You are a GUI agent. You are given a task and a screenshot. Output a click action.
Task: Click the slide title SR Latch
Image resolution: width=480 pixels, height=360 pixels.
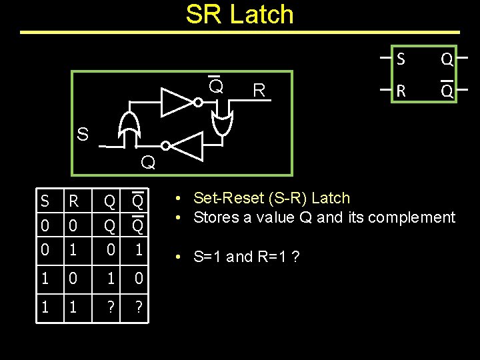click(239, 15)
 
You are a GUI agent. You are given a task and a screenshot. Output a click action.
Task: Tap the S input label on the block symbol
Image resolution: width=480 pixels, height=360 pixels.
click(400, 59)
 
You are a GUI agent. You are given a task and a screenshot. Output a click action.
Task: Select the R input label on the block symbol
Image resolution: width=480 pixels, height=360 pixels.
click(400, 90)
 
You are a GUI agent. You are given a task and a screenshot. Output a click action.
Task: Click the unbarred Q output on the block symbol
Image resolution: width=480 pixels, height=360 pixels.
click(447, 60)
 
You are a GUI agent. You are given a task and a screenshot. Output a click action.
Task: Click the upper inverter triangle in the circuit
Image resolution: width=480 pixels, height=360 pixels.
click(177, 102)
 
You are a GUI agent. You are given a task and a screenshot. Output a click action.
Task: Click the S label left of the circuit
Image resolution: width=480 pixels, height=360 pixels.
click(82, 135)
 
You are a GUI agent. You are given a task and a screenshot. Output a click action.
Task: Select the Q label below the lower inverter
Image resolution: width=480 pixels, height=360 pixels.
click(148, 163)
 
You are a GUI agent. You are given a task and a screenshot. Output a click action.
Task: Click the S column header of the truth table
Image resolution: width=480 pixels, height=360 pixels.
click(45, 201)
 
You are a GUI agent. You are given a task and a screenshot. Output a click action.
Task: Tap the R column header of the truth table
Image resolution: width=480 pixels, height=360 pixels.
click(74, 201)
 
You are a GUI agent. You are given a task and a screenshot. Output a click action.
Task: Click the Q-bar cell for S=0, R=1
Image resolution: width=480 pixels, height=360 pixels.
click(138, 251)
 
